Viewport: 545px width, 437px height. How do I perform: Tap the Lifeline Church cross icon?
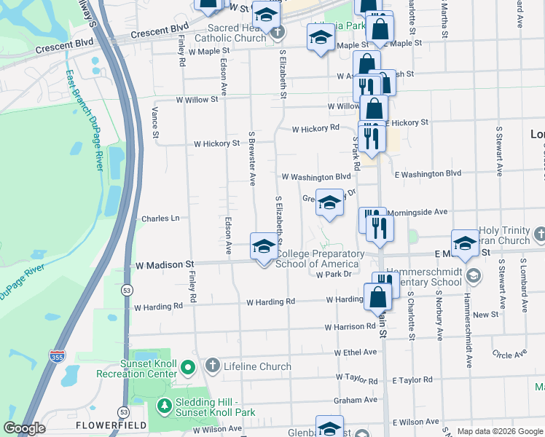(x=212, y=366)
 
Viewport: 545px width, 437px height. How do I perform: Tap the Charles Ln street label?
(x=160, y=218)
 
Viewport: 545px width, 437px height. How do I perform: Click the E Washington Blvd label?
(x=428, y=173)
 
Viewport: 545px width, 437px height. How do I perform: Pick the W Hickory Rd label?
(x=315, y=129)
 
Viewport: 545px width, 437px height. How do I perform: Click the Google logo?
(x=24, y=428)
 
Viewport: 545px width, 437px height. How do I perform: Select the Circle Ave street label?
(x=509, y=355)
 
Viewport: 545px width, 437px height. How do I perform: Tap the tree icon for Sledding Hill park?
(x=165, y=406)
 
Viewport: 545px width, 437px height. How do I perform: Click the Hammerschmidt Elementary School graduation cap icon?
(x=474, y=275)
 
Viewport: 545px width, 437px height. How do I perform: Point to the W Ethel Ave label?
(x=356, y=352)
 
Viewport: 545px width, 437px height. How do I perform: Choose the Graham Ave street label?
(x=356, y=399)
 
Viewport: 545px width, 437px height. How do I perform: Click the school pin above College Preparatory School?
(x=264, y=245)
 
